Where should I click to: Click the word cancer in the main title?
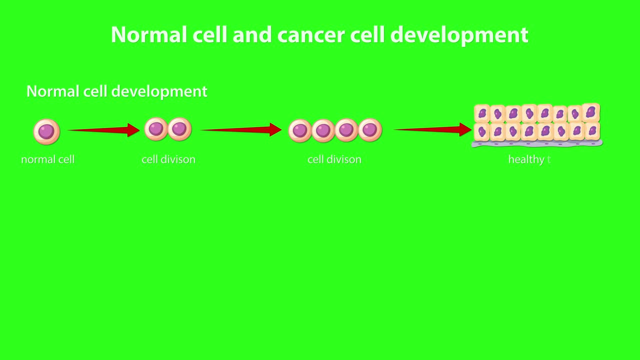click(x=310, y=35)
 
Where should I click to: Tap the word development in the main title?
click(x=459, y=35)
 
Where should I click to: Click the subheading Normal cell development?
click(x=116, y=91)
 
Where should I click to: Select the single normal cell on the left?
click(x=46, y=131)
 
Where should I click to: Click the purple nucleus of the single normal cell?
click(x=46, y=131)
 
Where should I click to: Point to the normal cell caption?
click(x=48, y=159)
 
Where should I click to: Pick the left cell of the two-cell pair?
click(x=156, y=129)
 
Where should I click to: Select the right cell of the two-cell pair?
click(x=179, y=129)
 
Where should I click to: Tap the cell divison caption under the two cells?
click(x=168, y=159)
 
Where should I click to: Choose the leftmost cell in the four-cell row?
click(x=300, y=131)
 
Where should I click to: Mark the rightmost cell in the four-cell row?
click(x=370, y=130)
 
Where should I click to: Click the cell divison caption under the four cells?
click(x=334, y=159)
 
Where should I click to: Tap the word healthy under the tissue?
click(x=526, y=159)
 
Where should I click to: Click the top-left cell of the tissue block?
click(x=482, y=114)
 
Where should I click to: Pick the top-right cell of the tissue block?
click(x=591, y=112)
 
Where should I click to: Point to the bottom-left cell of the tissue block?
click(x=482, y=132)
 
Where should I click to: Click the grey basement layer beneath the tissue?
click(x=537, y=144)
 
